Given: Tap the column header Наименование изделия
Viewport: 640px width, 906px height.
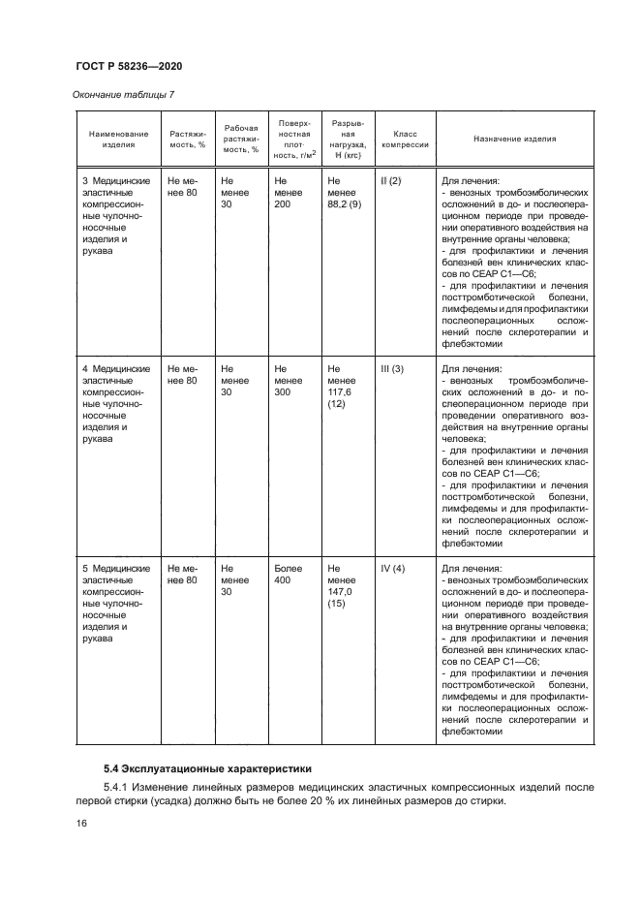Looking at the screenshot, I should [119, 139].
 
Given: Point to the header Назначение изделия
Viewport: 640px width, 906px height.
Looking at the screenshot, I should [514, 139].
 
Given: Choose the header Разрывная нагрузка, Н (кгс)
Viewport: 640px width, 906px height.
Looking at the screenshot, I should [348, 139].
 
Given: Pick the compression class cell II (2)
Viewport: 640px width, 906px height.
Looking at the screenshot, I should [391, 181].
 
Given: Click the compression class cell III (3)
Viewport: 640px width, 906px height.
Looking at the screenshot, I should [392, 369].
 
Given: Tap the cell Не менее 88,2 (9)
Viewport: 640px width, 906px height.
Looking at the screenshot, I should [344, 193].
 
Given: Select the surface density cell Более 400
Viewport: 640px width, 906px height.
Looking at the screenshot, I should [289, 575].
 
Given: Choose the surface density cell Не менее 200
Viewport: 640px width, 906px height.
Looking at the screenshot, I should [288, 193].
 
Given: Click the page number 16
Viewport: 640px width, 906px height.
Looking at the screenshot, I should [81, 824].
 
